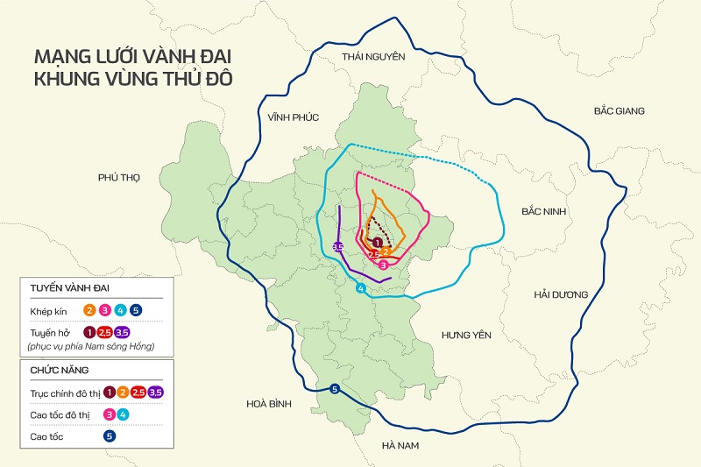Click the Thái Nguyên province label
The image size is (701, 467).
tap(373, 57)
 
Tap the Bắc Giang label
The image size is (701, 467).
tap(619, 111)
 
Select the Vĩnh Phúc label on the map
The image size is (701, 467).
tap(294, 117)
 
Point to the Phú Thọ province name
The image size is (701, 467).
tap(118, 177)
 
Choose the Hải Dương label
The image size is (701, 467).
tap(561, 294)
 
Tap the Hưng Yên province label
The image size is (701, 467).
tap(466, 336)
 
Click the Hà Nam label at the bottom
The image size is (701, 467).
tap(401, 446)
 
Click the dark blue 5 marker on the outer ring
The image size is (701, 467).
tap(334, 389)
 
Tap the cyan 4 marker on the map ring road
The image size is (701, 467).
tap(360, 289)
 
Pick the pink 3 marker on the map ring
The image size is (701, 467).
tap(384, 265)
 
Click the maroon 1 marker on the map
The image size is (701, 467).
tap(377, 243)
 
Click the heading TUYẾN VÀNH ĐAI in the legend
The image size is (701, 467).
tap(70, 288)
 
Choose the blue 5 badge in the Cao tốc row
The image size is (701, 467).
tap(110, 434)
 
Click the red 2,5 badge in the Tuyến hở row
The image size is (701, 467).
tap(105, 332)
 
